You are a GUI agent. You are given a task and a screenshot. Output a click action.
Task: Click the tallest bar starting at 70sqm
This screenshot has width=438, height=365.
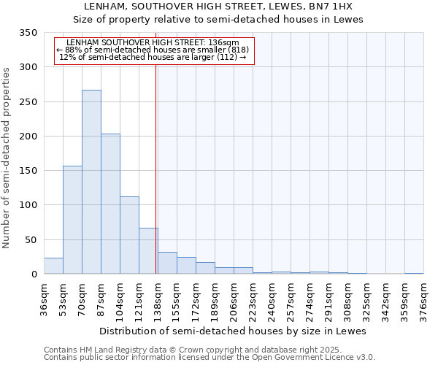coord(91,182)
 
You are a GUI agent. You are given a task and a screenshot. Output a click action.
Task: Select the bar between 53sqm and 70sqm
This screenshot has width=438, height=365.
coord(72,220)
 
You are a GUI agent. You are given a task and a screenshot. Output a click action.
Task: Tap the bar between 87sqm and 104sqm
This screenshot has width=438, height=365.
coord(110,204)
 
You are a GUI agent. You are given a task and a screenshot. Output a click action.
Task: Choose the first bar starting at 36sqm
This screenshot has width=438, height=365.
coord(53,266)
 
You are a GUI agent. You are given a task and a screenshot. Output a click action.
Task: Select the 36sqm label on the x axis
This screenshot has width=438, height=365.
coord(45,299)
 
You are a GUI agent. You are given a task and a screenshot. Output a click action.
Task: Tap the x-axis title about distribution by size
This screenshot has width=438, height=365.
coord(232,331)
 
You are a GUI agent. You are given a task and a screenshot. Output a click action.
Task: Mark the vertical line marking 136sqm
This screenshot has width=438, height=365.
coord(156,168)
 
